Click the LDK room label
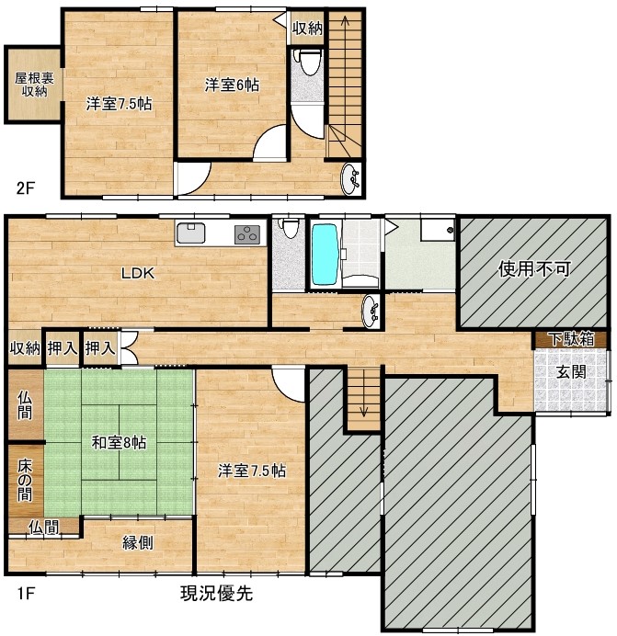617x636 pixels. [138, 273]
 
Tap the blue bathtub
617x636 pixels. [326, 255]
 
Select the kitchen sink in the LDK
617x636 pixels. [190, 233]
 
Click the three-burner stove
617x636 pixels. [246, 234]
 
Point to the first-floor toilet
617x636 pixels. [290, 228]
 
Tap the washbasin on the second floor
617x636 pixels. [350, 179]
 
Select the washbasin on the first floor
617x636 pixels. [371, 311]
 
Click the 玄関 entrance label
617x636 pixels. [571, 372]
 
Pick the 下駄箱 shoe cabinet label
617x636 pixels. [572, 339]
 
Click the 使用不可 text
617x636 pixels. [534, 268]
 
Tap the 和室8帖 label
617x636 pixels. [119, 442]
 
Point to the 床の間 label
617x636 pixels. [24, 481]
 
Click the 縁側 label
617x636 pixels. [138, 542]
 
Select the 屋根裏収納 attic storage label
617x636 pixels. [35, 85]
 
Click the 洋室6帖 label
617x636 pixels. [232, 85]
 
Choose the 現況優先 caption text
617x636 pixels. [216, 594]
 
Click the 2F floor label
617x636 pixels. [26, 187]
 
